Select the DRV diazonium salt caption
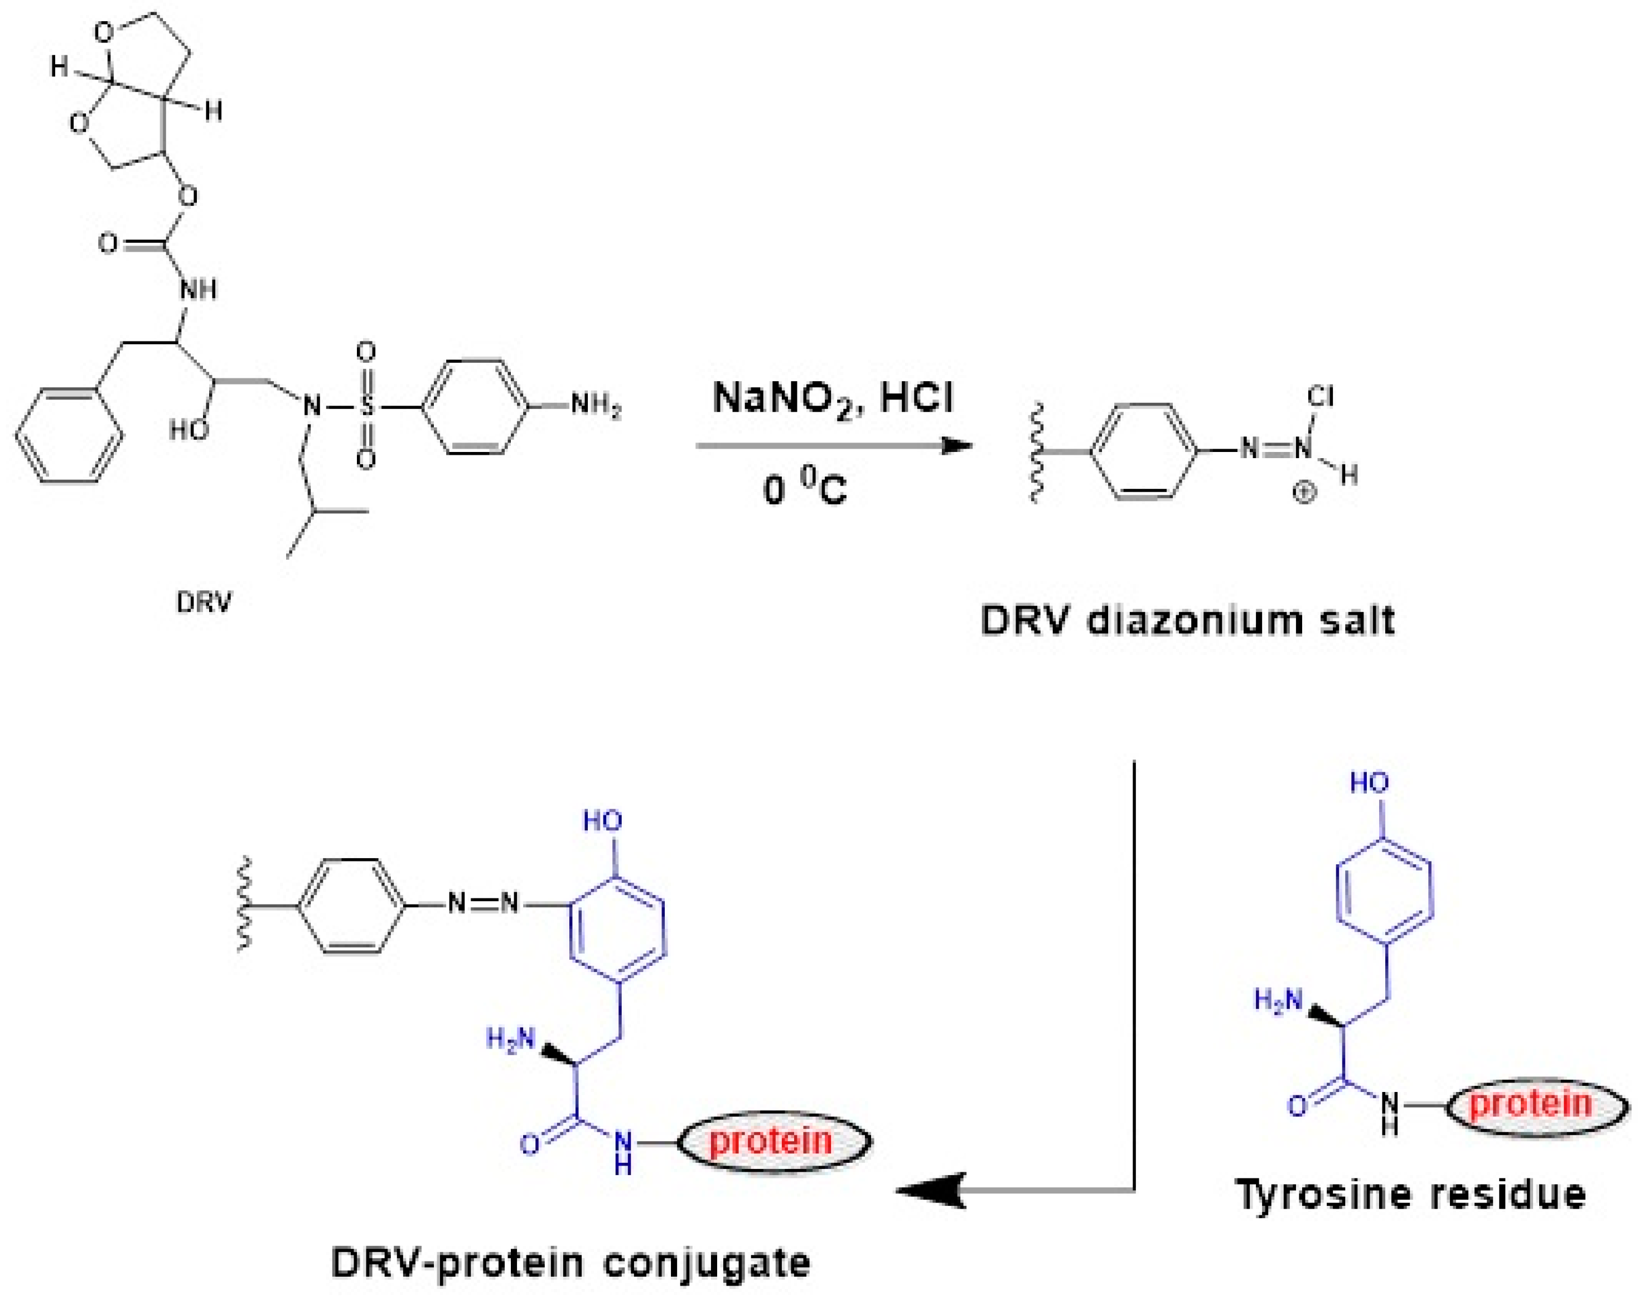click(x=1187, y=620)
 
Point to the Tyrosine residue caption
click(x=1411, y=1194)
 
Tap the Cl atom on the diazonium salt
click(x=1321, y=397)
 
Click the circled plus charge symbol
click(x=1304, y=493)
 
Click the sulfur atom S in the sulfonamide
click(x=367, y=407)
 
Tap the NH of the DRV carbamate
click(x=197, y=290)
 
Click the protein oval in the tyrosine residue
click(x=1530, y=1104)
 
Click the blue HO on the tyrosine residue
click(x=1370, y=783)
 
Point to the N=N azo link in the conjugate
click(x=484, y=903)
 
